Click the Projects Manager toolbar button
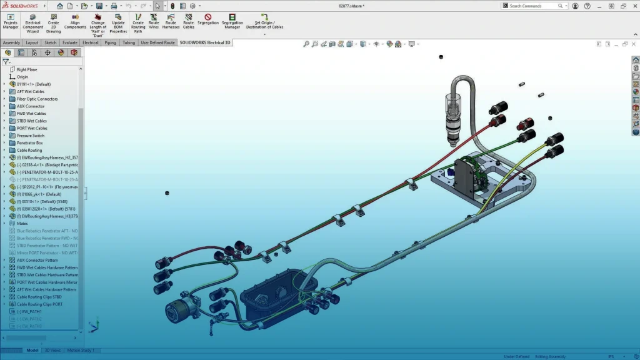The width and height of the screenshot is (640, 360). click(11, 22)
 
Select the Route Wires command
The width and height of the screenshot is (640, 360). click(154, 22)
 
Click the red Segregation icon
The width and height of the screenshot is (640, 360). click(208, 18)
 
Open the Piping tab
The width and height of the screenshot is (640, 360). click(110, 43)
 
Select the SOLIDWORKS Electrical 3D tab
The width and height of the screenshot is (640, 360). click(204, 43)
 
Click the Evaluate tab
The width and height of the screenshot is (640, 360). click(70, 43)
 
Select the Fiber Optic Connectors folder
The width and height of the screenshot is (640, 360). click(37, 99)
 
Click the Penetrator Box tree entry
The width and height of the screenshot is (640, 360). click(29, 143)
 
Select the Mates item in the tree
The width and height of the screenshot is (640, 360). click(22, 223)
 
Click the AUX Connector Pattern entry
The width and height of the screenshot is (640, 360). click(37, 260)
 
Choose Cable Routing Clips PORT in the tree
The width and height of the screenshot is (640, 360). click(39, 304)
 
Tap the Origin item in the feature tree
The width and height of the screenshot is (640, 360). click(22, 77)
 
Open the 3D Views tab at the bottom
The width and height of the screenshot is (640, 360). click(52, 351)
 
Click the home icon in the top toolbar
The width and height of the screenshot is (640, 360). click(60, 6)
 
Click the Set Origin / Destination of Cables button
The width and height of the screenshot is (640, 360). click(264, 22)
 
